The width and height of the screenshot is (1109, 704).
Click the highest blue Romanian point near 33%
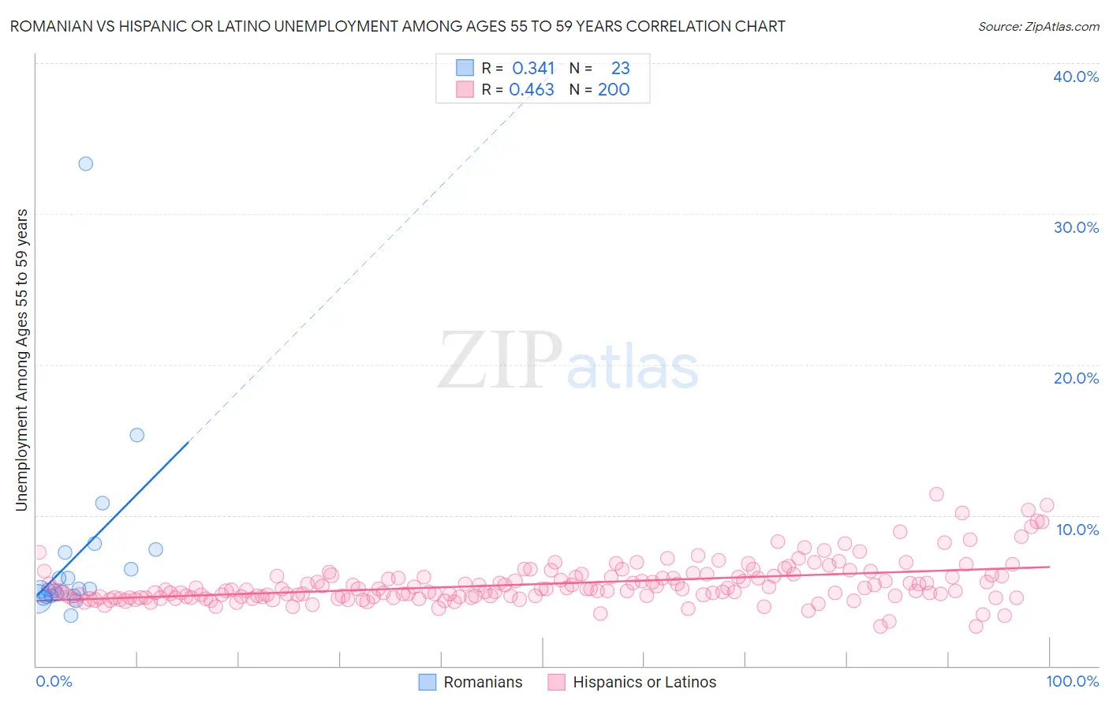pyautogui.click(x=85, y=164)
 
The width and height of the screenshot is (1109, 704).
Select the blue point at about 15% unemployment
pyautogui.click(x=136, y=435)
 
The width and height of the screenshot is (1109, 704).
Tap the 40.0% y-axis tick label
pyautogui.click(x=1076, y=77)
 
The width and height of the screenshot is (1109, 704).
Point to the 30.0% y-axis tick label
pyautogui.click(x=1076, y=227)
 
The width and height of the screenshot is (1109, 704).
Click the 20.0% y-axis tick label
pyautogui.click(x=1076, y=378)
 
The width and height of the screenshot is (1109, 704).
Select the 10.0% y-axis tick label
pyautogui.click(x=1077, y=530)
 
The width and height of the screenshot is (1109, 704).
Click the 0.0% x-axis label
pyautogui.click(x=54, y=681)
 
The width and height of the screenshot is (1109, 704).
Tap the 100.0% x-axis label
pyautogui.click(x=1072, y=681)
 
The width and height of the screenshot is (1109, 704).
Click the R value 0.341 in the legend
pyautogui.click(x=533, y=69)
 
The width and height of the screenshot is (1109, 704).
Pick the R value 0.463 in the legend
pyautogui.click(x=532, y=90)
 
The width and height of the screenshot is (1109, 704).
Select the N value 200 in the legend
pyautogui.click(x=613, y=90)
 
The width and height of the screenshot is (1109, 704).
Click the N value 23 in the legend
pyautogui.click(x=620, y=69)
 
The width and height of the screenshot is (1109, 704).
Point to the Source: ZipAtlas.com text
pyautogui.click(x=1038, y=27)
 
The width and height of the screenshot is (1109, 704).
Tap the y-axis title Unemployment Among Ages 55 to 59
pyautogui.click(x=22, y=359)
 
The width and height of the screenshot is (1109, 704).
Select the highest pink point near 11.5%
pyautogui.click(x=936, y=494)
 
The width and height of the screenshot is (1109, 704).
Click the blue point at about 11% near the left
pyautogui.click(x=102, y=503)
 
